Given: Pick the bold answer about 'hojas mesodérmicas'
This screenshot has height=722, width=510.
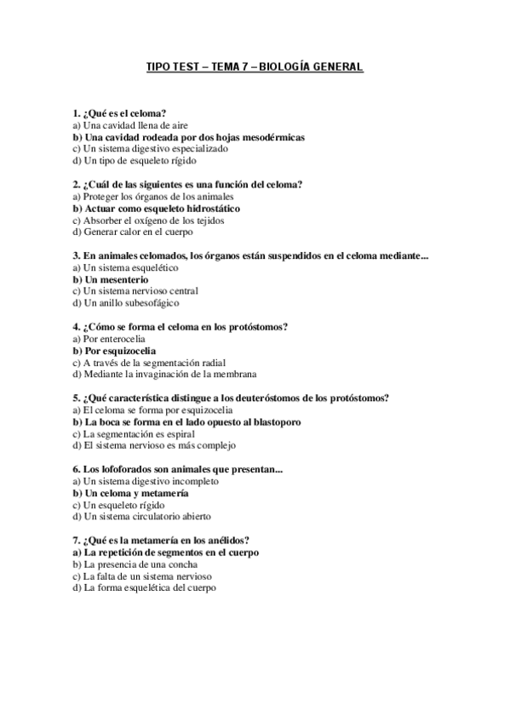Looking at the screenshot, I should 188,136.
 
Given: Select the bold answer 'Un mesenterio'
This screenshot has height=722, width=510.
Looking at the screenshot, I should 111,278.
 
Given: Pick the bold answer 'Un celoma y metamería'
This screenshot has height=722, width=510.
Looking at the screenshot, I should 130,493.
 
